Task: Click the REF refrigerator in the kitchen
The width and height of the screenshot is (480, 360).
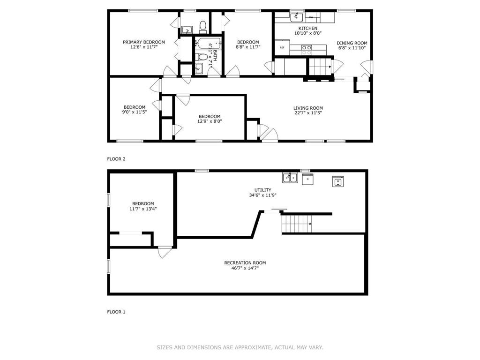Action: coord(282,47)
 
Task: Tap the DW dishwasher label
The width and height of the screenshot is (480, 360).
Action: coord(311,17)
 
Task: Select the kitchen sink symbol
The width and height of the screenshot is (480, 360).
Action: coord(297,17)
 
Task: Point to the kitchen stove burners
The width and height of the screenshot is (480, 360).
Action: coord(307,47)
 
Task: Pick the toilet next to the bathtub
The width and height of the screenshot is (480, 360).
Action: coord(201,57)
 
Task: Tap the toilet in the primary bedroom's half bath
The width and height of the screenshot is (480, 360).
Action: coord(203,27)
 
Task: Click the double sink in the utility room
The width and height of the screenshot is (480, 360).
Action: coord(290,178)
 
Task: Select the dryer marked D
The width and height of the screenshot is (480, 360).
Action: coord(307,179)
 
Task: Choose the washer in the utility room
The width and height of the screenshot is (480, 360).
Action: coord(338,181)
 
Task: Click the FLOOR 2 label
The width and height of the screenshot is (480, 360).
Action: coord(116,159)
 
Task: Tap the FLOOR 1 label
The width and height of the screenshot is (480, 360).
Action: coord(116,312)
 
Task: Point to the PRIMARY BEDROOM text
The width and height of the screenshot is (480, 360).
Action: coord(144,42)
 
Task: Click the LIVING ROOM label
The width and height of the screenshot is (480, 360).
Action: coord(308,108)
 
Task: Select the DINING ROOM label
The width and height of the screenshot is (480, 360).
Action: coord(352,43)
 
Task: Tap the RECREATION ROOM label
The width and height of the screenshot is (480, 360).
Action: coord(245,262)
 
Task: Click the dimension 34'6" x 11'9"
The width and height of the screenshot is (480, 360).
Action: coord(262,195)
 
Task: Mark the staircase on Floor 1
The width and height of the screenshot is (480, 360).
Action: coord(296,224)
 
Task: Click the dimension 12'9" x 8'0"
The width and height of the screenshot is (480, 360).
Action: coord(210,121)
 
